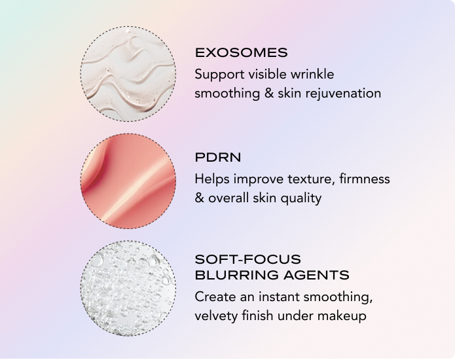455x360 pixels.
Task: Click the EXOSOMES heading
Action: click(x=242, y=53)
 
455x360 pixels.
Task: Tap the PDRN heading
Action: click(x=218, y=158)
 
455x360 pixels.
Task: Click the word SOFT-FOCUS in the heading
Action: click(x=248, y=259)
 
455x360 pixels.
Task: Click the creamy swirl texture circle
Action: click(x=128, y=74)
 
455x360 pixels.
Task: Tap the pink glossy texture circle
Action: click(x=128, y=181)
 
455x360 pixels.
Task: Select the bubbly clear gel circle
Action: click(x=128, y=289)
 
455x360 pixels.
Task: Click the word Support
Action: click(x=219, y=75)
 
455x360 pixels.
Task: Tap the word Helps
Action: click(x=212, y=179)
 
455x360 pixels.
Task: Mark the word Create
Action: click(x=215, y=297)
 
